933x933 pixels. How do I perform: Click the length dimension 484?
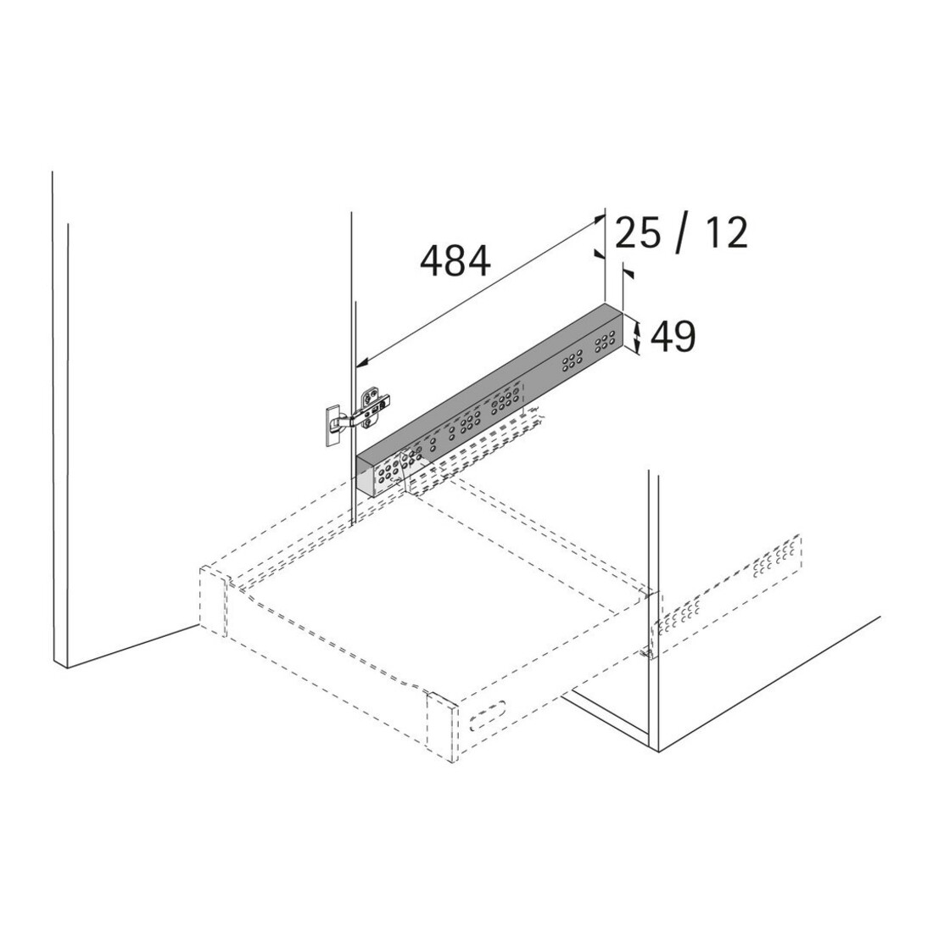[x=455, y=261]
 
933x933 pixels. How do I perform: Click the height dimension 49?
[x=673, y=336]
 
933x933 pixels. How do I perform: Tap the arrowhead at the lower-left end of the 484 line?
[x=363, y=362]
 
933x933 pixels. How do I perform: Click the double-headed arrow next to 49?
[x=637, y=336]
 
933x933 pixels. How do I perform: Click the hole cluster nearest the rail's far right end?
[x=605, y=342]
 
